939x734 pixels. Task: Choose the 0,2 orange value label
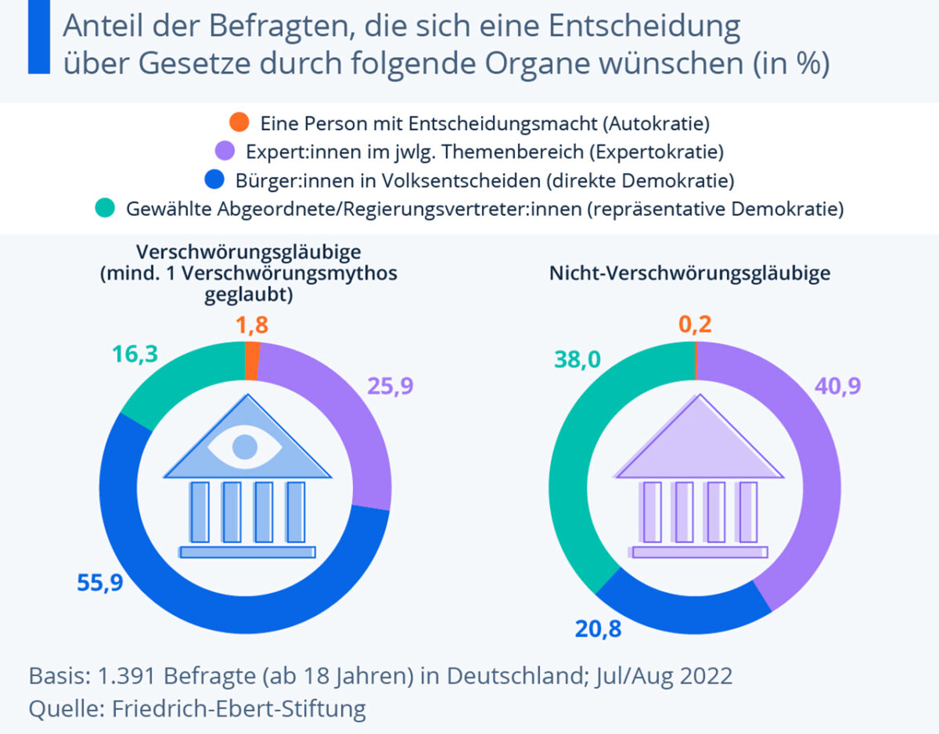pos(695,325)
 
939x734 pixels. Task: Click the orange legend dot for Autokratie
pos(239,122)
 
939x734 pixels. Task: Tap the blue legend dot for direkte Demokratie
pos(214,181)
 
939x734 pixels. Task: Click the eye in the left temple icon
pos(246,446)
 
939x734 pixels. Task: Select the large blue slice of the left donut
pos(235,595)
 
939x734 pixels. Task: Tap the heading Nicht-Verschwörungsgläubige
pos(689,274)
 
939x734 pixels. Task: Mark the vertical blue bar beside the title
pos(38,37)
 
